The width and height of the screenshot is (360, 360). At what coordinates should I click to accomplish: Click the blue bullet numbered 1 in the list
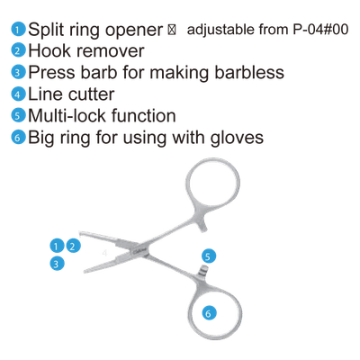click(18, 30)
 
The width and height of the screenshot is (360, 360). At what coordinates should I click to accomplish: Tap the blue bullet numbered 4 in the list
click(18, 94)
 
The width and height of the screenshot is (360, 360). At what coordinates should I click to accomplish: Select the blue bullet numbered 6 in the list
click(18, 138)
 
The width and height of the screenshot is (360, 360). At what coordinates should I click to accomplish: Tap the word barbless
click(249, 72)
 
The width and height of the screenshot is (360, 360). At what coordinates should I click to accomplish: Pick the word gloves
click(237, 139)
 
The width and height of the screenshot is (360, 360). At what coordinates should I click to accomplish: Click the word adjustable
click(220, 30)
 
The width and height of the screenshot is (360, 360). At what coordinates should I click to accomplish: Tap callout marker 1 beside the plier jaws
click(57, 246)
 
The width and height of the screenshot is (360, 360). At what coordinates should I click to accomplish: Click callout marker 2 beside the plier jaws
click(73, 246)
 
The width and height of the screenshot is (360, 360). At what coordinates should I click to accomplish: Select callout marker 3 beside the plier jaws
click(57, 264)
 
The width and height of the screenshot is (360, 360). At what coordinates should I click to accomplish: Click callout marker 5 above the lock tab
click(209, 256)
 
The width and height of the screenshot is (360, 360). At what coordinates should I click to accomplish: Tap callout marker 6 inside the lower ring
click(209, 313)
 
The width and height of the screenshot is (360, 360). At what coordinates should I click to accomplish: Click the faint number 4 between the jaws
click(104, 253)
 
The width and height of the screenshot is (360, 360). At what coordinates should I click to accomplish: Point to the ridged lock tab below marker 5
click(203, 270)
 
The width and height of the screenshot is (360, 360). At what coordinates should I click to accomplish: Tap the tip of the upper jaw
click(80, 233)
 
